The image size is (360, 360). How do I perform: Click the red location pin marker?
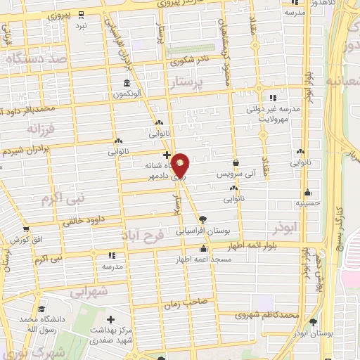click(181, 165)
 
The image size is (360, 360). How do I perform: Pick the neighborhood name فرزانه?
click(40, 129)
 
